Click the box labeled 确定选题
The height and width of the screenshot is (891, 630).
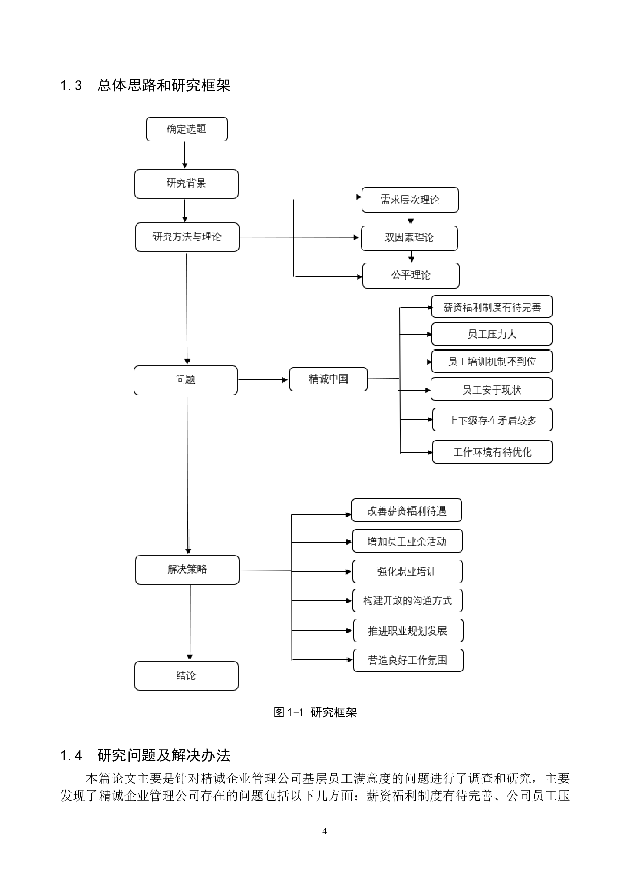(x=186, y=129)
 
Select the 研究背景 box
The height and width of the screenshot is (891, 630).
(x=186, y=183)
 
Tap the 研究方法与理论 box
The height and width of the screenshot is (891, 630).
(x=187, y=237)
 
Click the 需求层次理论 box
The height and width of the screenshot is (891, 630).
(x=410, y=200)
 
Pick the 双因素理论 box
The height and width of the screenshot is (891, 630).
(x=409, y=238)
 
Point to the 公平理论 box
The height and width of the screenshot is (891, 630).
(x=411, y=275)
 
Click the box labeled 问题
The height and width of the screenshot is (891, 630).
(x=185, y=380)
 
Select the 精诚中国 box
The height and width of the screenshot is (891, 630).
(x=328, y=379)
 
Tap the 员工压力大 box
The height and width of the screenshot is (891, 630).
(x=491, y=334)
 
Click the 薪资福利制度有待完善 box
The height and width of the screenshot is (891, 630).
(x=491, y=307)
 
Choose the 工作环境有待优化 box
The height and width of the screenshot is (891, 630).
(x=492, y=452)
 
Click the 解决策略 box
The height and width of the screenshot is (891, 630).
(x=187, y=569)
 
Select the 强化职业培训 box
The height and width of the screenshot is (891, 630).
(x=407, y=571)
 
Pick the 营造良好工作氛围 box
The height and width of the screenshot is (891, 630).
(x=408, y=660)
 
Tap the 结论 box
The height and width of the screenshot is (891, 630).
(x=186, y=676)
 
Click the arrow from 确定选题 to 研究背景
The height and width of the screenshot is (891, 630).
(x=185, y=155)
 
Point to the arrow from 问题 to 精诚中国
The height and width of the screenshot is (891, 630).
(x=263, y=379)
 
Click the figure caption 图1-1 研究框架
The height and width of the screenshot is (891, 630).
(x=315, y=712)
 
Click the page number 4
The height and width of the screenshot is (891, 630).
(x=324, y=831)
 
